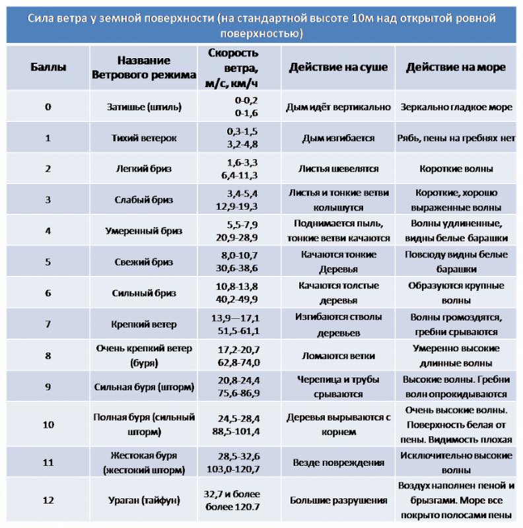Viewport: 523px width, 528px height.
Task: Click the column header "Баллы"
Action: pos(48,67)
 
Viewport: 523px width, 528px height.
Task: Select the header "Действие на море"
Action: pos(456,67)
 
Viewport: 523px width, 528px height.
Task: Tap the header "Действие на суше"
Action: pos(338,67)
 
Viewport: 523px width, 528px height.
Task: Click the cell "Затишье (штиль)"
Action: pos(144,107)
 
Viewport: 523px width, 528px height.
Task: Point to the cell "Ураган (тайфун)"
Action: pos(144,500)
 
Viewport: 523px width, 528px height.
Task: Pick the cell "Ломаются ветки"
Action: pos(338,355)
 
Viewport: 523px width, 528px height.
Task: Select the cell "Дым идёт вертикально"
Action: pos(338,107)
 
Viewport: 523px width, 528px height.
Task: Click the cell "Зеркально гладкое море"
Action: pos(456,107)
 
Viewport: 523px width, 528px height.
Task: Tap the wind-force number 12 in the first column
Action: pos(48,500)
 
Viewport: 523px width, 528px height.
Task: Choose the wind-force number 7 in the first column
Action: pos(48,324)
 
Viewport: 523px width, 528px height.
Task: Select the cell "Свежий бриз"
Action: pos(144,262)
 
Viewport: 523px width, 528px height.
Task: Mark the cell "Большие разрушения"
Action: pos(338,500)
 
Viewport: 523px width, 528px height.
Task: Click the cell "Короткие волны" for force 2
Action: pos(456,168)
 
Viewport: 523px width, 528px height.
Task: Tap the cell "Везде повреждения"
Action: pos(338,462)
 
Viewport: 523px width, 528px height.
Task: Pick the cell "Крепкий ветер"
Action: pos(144,324)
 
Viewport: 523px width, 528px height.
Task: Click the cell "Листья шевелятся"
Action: pos(338,168)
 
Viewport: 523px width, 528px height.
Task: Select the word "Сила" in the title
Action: pos(42,18)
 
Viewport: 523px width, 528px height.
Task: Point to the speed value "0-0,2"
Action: pos(246,100)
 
